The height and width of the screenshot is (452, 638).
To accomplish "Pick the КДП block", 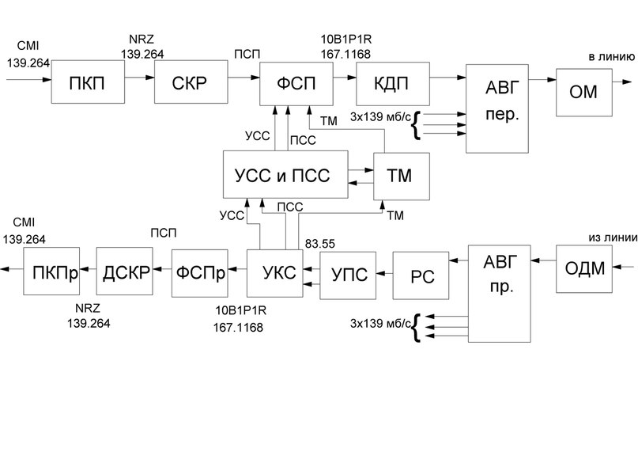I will [x=392, y=80].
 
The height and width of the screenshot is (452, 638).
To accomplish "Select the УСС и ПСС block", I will [x=285, y=174].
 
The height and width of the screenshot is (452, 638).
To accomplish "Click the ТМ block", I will [x=402, y=174].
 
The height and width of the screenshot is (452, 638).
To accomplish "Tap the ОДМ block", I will [x=586, y=268].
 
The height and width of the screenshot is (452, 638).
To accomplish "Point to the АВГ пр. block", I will [x=498, y=294].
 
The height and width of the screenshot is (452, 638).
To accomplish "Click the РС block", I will [x=419, y=275].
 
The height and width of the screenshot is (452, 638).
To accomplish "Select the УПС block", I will [x=347, y=275].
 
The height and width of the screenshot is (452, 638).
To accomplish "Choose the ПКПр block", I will [x=51, y=272].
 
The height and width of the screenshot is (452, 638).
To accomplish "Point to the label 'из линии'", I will [x=610, y=237].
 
